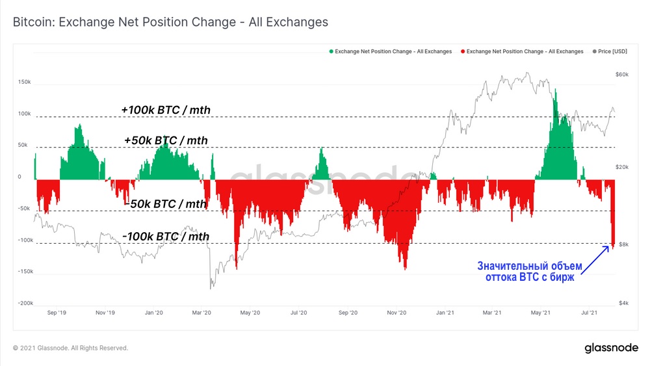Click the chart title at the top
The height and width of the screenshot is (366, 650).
170,22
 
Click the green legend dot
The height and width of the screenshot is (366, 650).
331,51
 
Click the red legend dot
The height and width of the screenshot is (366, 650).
462,51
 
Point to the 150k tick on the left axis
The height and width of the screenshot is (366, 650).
25,82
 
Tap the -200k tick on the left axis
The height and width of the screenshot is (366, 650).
25,303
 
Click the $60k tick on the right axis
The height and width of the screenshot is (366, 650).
621,75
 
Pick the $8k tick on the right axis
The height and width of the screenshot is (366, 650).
623,244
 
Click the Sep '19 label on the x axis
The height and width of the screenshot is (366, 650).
57,313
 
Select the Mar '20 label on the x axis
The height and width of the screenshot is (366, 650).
202,313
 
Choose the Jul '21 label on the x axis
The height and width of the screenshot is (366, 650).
589,313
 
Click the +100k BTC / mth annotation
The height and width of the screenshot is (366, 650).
166,109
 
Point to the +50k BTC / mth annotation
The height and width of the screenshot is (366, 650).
166,140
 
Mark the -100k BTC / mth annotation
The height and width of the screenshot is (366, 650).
166,237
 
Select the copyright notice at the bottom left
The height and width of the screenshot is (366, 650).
70,348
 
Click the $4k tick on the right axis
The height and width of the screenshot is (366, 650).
623,303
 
